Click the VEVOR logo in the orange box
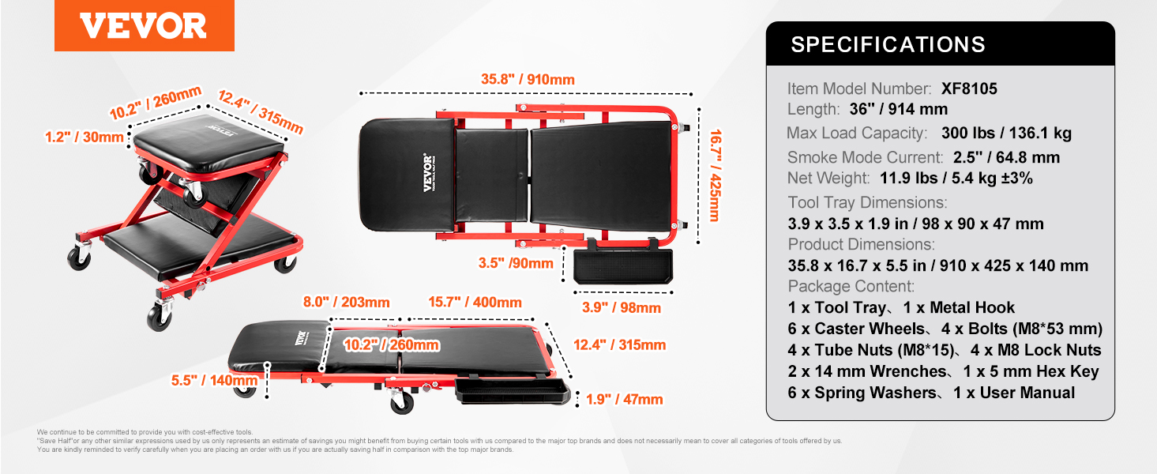[x=143, y=26]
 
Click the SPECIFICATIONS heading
[x=888, y=44]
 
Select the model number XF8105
[x=969, y=88]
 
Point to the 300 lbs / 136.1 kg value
[x=1006, y=133]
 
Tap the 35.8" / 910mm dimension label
[x=528, y=80]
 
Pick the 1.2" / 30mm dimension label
[x=85, y=137]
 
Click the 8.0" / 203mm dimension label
[x=346, y=302]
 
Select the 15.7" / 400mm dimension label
[x=474, y=302]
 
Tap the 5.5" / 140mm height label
[x=214, y=381]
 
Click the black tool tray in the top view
[x=619, y=266]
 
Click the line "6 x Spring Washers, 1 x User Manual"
[x=931, y=393]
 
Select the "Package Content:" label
[x=851, y=286]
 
